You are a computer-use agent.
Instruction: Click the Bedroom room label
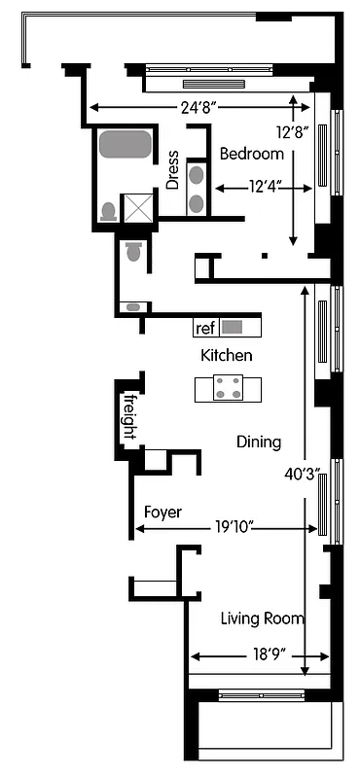[251, 154]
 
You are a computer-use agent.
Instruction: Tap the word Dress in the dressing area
[172, 169]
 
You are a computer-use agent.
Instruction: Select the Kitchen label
[227, 355]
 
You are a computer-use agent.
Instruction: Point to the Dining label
[259, 442]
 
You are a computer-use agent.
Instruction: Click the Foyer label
[162, 512]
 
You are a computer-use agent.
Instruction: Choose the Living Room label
[262, 619]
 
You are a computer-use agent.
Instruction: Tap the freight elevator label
[127, 415]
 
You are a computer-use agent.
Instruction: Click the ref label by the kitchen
[204, 328]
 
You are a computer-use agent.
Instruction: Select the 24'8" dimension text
[199, 108]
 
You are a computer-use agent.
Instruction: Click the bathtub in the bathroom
[125, 145]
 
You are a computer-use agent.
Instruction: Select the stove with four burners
[231, 388]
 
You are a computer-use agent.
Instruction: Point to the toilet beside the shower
[107, 210]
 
